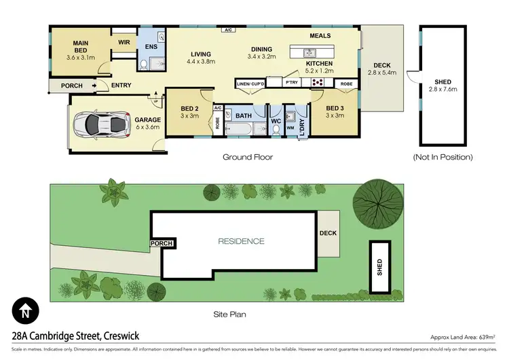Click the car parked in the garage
tap(102, 123)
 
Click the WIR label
tap(124, 42)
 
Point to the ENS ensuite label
tap(150, 47)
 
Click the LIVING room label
tap(201, 54)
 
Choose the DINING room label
tap(261, 50)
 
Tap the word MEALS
tap(320, 35)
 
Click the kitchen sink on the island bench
tap(308, 52)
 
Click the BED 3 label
tap(335, 108)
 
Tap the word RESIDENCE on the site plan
tap(241, 241)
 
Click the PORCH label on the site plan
tap(163, 243)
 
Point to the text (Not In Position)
tap(443, 157)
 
